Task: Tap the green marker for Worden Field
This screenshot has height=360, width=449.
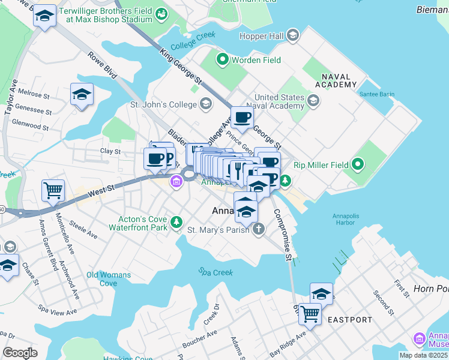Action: [x=222, y=59]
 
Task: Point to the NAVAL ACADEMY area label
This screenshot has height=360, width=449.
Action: [x=339, y=81]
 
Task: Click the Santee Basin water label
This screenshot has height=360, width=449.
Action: [x=376, y=95]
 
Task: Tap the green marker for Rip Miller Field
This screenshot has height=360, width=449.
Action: [x=358, y=164]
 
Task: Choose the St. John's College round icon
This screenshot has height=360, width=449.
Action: [x=205, y=104]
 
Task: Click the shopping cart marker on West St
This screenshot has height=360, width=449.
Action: [x=53, y=190]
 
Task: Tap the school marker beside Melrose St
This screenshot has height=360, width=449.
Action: [x=82, y=94]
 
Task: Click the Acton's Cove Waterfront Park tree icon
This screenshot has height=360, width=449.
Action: [x=176, y=223]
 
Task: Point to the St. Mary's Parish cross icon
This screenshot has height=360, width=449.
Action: [x=258, y=229]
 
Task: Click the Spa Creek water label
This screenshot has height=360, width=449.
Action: [x=215, y=272]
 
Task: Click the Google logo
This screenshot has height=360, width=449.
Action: [x=20, y=353]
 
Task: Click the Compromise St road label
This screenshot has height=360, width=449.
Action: [x=283, y=235]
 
